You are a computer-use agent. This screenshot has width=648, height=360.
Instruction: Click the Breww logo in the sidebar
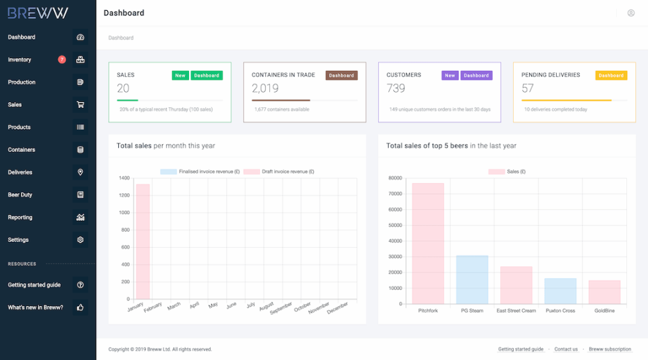point(38,13)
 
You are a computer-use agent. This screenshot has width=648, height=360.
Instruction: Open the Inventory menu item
point(20,59)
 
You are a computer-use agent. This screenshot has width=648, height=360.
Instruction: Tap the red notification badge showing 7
point(62,59)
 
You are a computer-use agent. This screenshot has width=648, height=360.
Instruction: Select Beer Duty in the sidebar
point(20,195)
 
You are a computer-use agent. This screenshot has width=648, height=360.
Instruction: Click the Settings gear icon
point(80,240)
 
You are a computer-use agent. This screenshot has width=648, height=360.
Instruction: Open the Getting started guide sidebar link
point(34,285)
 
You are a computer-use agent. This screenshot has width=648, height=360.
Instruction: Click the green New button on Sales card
point(180,76)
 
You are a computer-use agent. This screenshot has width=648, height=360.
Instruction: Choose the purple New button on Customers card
point(450,76)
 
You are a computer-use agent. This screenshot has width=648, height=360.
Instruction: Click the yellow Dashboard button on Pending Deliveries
point(611,76)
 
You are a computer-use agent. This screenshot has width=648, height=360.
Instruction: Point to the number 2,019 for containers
point(265,88)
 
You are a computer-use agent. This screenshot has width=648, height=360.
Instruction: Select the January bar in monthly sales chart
point(142,241)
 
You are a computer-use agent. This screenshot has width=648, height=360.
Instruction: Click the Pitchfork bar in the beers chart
point(428,243)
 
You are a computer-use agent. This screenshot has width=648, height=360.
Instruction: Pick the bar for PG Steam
point(472,280)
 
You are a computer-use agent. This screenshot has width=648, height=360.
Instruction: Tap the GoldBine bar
point(604,292)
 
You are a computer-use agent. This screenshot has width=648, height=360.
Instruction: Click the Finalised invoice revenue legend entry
point(200,172)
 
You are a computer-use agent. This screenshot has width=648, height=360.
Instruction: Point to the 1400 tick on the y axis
point(124,178)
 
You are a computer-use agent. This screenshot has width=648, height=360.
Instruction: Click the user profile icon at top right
point(631,13)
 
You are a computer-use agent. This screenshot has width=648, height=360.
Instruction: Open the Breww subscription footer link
point(610,349)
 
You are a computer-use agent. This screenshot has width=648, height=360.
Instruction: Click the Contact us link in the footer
point(566,349)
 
